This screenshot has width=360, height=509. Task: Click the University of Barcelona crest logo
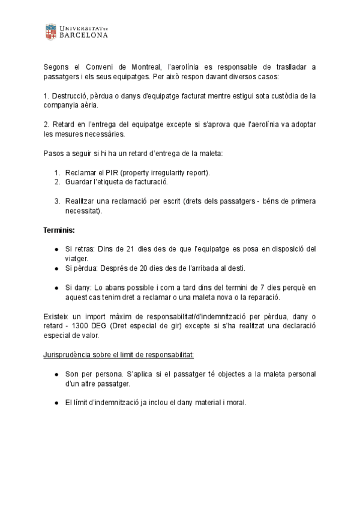(51, 32)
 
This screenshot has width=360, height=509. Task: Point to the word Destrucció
(70, 95)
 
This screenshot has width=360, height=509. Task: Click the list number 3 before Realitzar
(58, 201)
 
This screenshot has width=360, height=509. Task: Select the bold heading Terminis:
(58, 230)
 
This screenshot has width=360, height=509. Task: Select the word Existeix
(58, 316)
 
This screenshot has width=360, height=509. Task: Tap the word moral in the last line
(234, 403)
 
